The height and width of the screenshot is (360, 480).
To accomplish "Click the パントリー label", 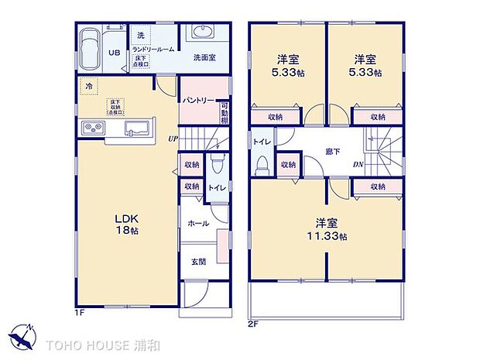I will point(199,101).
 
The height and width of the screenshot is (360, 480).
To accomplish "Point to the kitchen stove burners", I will point(94,129).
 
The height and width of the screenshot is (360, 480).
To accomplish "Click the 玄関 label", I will point(198,261).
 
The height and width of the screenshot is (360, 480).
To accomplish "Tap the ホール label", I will point(198,222).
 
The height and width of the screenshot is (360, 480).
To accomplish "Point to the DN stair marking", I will point(358,165).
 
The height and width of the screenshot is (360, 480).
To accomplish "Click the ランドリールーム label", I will point(153,49).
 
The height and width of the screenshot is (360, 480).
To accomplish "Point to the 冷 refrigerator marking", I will point(89,87).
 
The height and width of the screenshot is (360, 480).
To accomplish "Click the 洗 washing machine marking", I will point(141,36).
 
